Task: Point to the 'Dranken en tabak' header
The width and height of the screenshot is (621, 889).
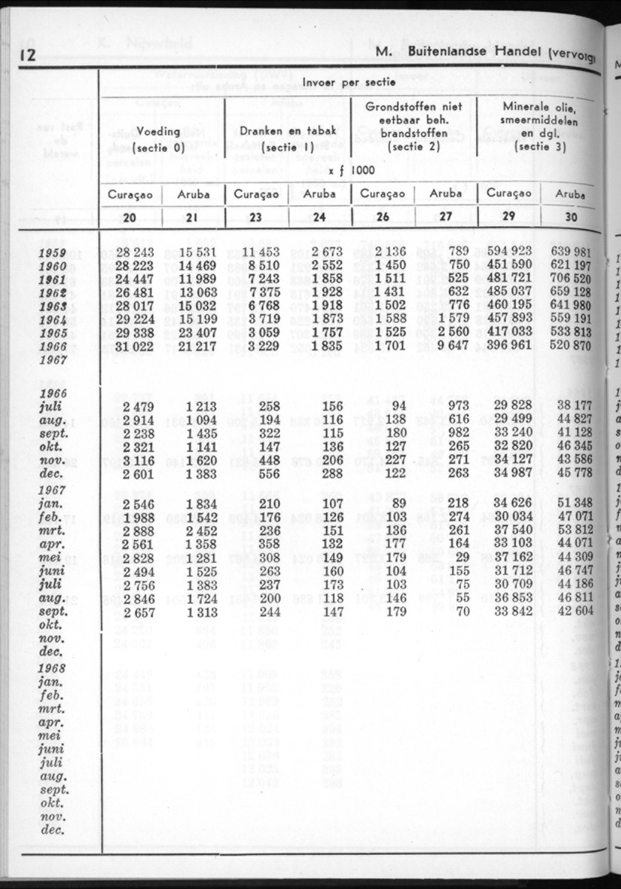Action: point(288,130)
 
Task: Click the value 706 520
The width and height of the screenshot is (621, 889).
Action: point(571,280)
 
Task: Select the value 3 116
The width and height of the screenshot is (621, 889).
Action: point(138,459)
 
